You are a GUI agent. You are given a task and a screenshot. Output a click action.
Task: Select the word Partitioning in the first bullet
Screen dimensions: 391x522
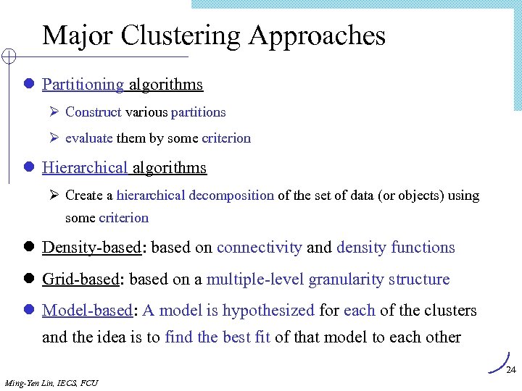pyautogui.click(x=83, y=85)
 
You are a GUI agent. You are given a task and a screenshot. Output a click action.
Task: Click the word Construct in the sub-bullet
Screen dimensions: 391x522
pyautogui.click(x=93, y=112)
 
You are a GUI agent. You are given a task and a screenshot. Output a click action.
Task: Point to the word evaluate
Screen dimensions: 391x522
pyautogui.click(x=89, y=138)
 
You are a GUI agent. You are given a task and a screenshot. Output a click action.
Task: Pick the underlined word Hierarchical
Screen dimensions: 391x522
pyautogui.click(x=85, y=168)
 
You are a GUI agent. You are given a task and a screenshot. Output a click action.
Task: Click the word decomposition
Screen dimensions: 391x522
pyautogui.click(x=231, y=195)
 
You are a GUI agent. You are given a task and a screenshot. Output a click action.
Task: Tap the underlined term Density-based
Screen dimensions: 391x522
pyautogui.click(x=91, y=248)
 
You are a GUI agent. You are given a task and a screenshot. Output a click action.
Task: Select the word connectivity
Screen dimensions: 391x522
pyautogui.click(x=259, y=248)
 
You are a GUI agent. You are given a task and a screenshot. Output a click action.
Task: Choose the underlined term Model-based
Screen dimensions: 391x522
pyautogui.click(x=87, y=311)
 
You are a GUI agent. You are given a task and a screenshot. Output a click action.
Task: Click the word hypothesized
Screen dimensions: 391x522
pyautogui.click(x=268, y=311)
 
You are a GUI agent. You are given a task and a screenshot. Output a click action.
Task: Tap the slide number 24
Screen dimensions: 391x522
pyautogui.click(x=510, y=370)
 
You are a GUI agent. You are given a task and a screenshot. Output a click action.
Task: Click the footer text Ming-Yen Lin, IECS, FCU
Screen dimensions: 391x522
pyautogui.click(x=51, y=382)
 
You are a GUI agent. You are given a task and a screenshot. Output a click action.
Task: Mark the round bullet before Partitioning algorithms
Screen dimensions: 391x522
pyautogui.click(x=29, y=85)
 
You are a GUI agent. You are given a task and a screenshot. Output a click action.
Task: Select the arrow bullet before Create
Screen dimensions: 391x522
pyautogui.click(x=54, y=195)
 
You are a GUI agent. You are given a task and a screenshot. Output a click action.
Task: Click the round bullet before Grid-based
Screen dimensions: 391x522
pyautogui.click(x=29, y=279)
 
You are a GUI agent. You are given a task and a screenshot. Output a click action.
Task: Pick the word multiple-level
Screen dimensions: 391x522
pyautogui.click(x=255, y=279)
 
